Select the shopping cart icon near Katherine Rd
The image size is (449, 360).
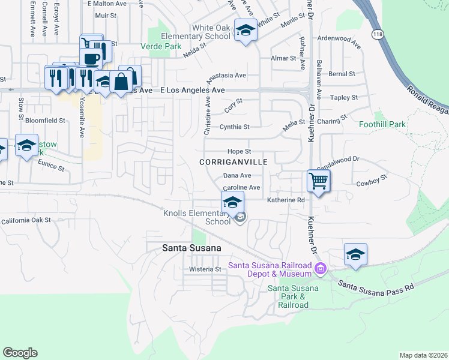(318, 180)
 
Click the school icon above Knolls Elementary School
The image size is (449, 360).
(233, 202)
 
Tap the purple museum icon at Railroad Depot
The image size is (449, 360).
(321, 268)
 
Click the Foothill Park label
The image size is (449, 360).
(382, 124)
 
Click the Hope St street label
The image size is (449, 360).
(239, 151)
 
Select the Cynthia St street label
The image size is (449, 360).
(234, 127)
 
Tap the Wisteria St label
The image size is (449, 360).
(205, 269)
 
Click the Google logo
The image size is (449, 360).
(20, 352)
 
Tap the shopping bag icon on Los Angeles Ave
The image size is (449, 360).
(121, 81)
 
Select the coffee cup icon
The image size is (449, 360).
(90, 59)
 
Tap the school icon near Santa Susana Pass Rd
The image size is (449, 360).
(355, 254)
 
